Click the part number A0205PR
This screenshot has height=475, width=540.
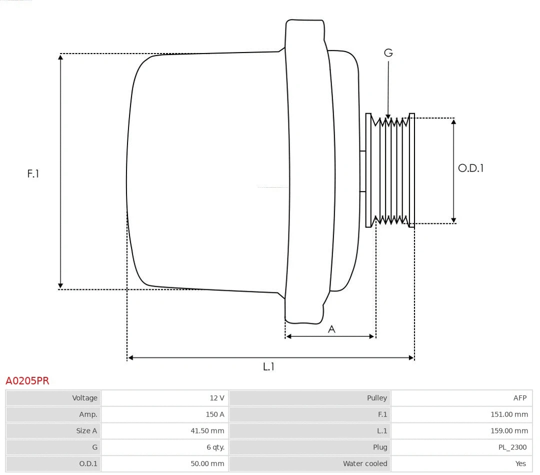click(27, 381)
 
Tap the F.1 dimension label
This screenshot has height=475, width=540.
click(33, 174)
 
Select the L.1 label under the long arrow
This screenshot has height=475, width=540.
click(269, 367)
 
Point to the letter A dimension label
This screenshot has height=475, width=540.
click(331, 329)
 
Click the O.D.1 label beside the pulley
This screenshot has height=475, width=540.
click(471, 168)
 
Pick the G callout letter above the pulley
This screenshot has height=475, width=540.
click(388, 53)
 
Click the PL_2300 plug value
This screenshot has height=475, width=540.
click(512, 447)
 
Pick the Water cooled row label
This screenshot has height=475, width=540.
click(364, 463)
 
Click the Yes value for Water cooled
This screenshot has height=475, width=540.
click(520, 463)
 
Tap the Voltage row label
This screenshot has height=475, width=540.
click(84, 398)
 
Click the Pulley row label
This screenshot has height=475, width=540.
click(376, 398)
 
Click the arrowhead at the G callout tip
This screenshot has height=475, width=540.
click(388, 117)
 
